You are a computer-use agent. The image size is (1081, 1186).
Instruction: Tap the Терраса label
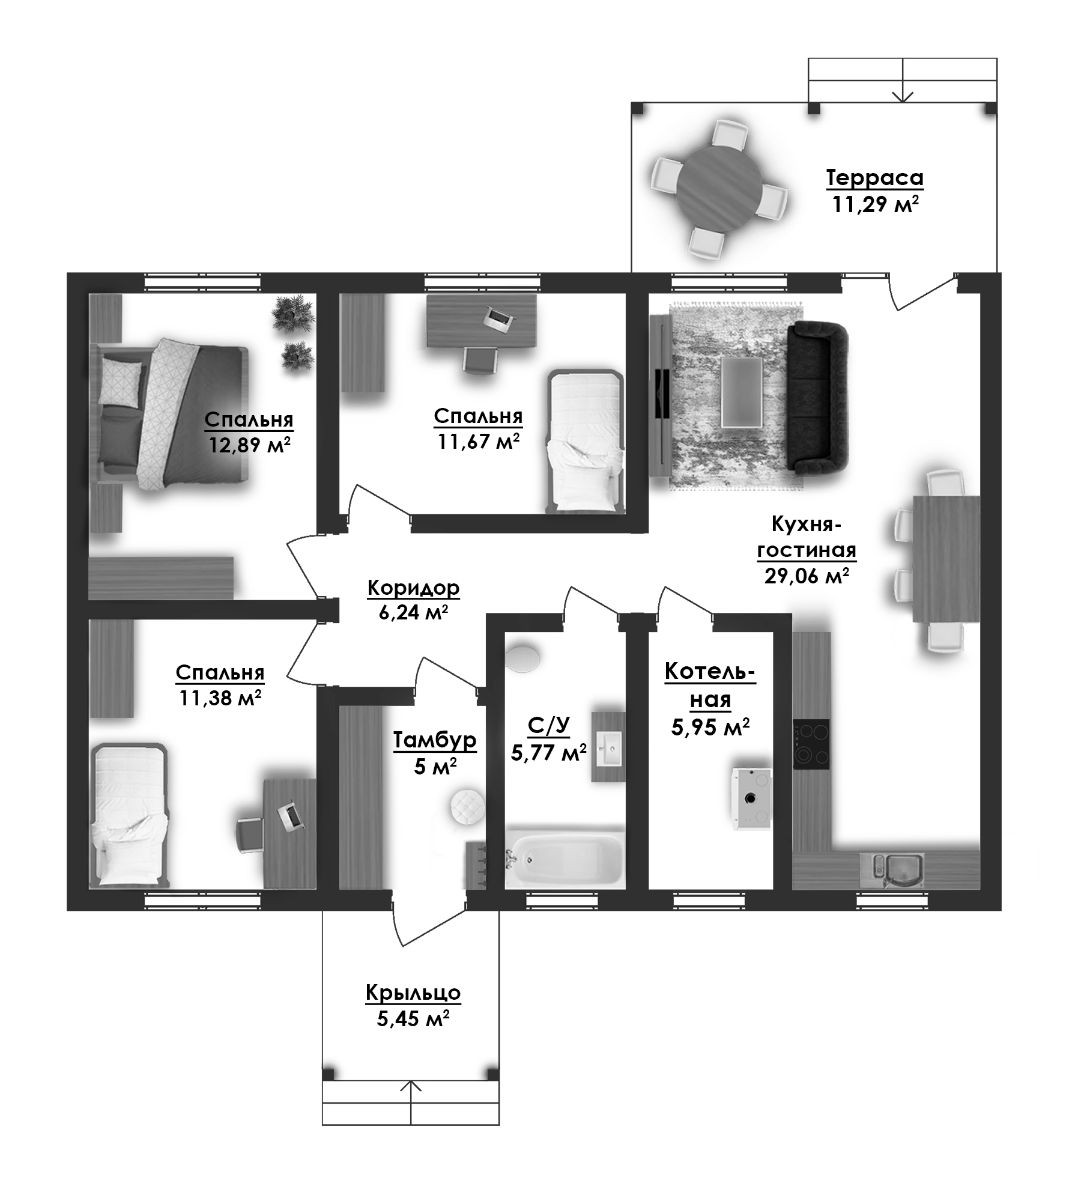coord(874,178)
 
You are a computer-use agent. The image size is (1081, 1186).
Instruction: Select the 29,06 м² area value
coord(806,576)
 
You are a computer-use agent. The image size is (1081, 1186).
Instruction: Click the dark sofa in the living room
coord(818,397)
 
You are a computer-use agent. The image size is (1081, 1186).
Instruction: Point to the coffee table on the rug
coord(742,392)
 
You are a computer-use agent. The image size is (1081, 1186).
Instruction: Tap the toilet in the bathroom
coord(522,657)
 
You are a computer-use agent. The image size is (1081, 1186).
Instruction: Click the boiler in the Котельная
coord(751,798)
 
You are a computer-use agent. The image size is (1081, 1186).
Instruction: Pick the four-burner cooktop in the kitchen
coord(811,744)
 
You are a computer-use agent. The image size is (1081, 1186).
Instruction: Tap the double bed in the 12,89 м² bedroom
coord(171,415)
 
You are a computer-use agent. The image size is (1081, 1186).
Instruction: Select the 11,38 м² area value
coord(220,698)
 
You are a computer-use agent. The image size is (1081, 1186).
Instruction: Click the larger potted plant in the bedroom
coord(292,313)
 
